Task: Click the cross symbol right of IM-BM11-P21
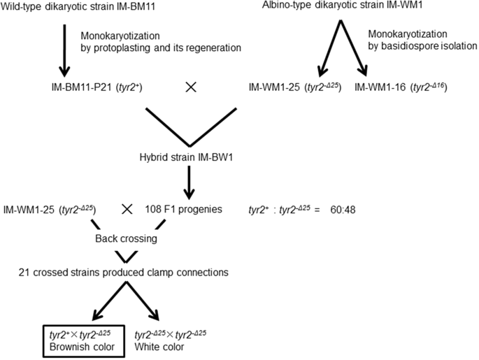click(x=190, y=89)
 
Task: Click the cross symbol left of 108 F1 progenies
click(x=127, y=209)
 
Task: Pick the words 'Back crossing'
click(x=127, y=238)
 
